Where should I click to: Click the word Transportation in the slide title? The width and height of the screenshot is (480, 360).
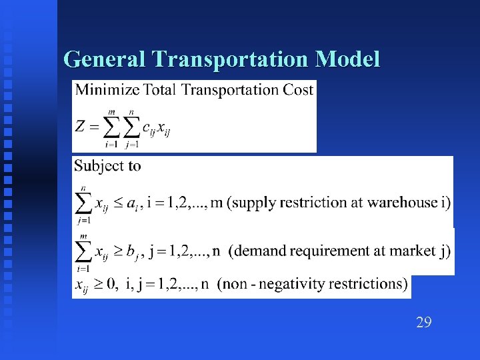(233, 60)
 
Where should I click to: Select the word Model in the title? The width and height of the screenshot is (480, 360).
(349, 60)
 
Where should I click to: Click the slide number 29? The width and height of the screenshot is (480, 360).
(423, 323)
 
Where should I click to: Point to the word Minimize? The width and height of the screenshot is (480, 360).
(107, 90)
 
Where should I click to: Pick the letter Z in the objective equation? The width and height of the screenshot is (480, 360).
(81, 126)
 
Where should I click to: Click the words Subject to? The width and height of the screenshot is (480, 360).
(107, 166)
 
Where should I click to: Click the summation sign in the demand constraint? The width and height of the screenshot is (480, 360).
(83, 249)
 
